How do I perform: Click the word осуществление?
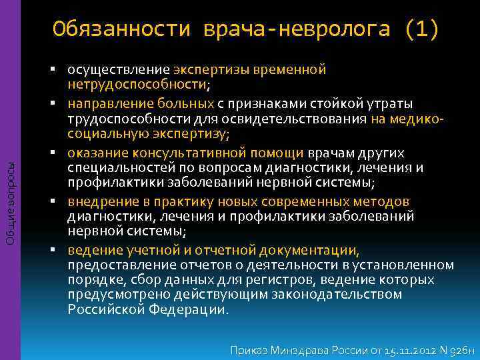tap(118, 69)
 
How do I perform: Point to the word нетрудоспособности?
tap(147, 84)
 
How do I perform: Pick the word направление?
tap(106, 104)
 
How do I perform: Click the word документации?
tap(315, 251)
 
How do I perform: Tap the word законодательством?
tap(347, 294)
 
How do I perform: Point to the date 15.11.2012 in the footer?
tap(406, 349)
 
